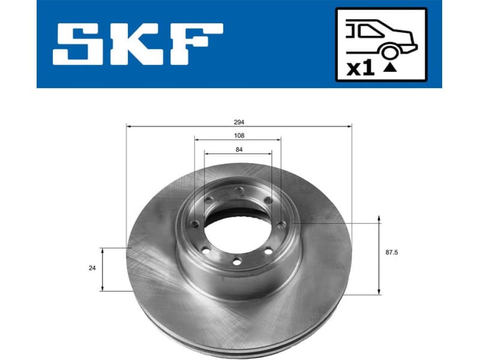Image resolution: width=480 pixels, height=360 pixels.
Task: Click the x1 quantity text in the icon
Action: [x=361, y=68]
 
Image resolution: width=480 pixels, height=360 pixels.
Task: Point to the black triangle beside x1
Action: [x=391, y=68]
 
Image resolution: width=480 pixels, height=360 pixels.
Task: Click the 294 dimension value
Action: [x=239, y=121]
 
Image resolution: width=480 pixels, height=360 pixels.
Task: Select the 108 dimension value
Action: [x=239, y=136]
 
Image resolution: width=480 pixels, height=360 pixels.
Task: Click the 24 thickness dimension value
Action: [x=92, y=268]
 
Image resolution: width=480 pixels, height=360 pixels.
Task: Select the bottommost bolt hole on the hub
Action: [x=236, y=260]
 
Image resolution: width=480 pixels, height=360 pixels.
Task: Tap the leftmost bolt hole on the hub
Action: [x=196, y=224]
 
